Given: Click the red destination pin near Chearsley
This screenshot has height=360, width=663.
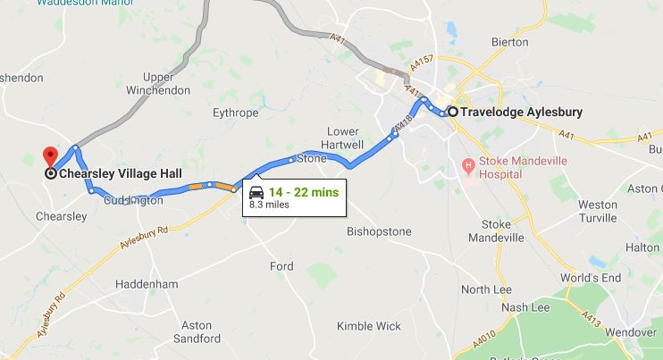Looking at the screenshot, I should tap(50, 155).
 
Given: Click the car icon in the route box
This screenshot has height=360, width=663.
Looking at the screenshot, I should tap(256, 193).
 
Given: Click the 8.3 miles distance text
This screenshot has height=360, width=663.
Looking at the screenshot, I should tap(270, 205).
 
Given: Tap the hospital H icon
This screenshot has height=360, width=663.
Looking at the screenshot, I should tap(467, 165).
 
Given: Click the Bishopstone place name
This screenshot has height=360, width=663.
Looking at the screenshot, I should tap(379, 232).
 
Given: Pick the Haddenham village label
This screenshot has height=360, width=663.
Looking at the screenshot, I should tap(147, 284).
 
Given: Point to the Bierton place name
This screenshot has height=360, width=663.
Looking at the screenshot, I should tap(510, 42).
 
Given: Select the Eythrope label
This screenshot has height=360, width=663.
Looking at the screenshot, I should tap(235, 113).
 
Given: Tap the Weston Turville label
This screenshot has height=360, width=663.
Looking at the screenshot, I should tap(597, 211).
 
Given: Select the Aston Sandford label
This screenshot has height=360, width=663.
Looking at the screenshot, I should tap(196, 331).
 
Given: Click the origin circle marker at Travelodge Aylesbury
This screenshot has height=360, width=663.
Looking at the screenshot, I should tap(453, 112).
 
